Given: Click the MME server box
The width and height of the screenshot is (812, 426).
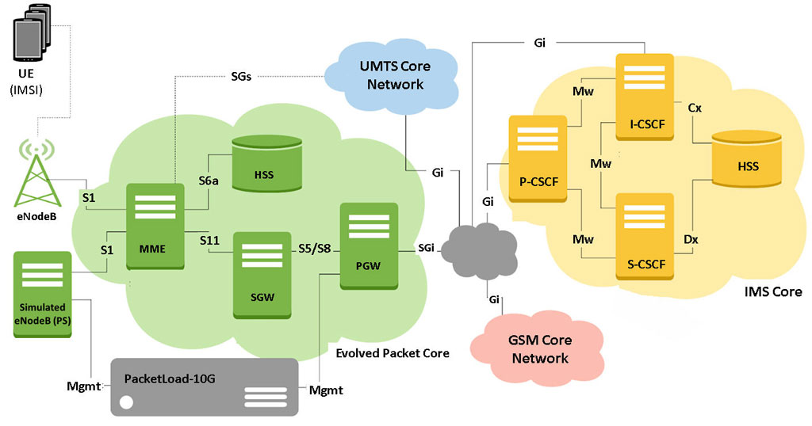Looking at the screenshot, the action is click(x=155, y=226).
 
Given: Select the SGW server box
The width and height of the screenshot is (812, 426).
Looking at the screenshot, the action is click(x=262, y=275).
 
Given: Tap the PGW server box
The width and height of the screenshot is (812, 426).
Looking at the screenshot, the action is click(x=370, y=246).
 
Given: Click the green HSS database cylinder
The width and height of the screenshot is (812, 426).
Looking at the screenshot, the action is click(x=266, y=164).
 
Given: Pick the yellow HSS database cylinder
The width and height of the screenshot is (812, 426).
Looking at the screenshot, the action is click(x=746, y=158).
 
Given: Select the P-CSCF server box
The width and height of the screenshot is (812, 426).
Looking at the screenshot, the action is click(x=538, y=158).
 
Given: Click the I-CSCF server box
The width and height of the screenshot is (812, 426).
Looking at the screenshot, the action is click(x=645, y=97).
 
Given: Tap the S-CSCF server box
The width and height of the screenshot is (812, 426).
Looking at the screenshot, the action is click(x=645, y=237).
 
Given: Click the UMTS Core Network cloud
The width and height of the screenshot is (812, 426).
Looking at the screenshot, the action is click(x=393, y=76).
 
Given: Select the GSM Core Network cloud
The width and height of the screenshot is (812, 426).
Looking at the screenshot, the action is click(x=538, y=348).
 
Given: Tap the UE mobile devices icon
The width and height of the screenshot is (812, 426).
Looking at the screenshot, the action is click(x=32, y=32).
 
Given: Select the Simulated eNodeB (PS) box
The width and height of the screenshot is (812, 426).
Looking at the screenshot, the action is click(x=43, y=295).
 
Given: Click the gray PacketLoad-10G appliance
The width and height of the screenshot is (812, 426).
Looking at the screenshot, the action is click(x=205, y=387).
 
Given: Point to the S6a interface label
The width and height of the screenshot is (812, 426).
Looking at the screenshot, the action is click(x=209, y=181).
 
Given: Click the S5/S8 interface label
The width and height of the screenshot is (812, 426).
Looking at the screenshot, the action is click(x=314, y=249).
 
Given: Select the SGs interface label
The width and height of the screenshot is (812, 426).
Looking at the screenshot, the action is click(x=241, y=77).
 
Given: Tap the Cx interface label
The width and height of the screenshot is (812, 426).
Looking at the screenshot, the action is click(x=695, y=108).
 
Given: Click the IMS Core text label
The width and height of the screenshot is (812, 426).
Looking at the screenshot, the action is click(x=773, y=291).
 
